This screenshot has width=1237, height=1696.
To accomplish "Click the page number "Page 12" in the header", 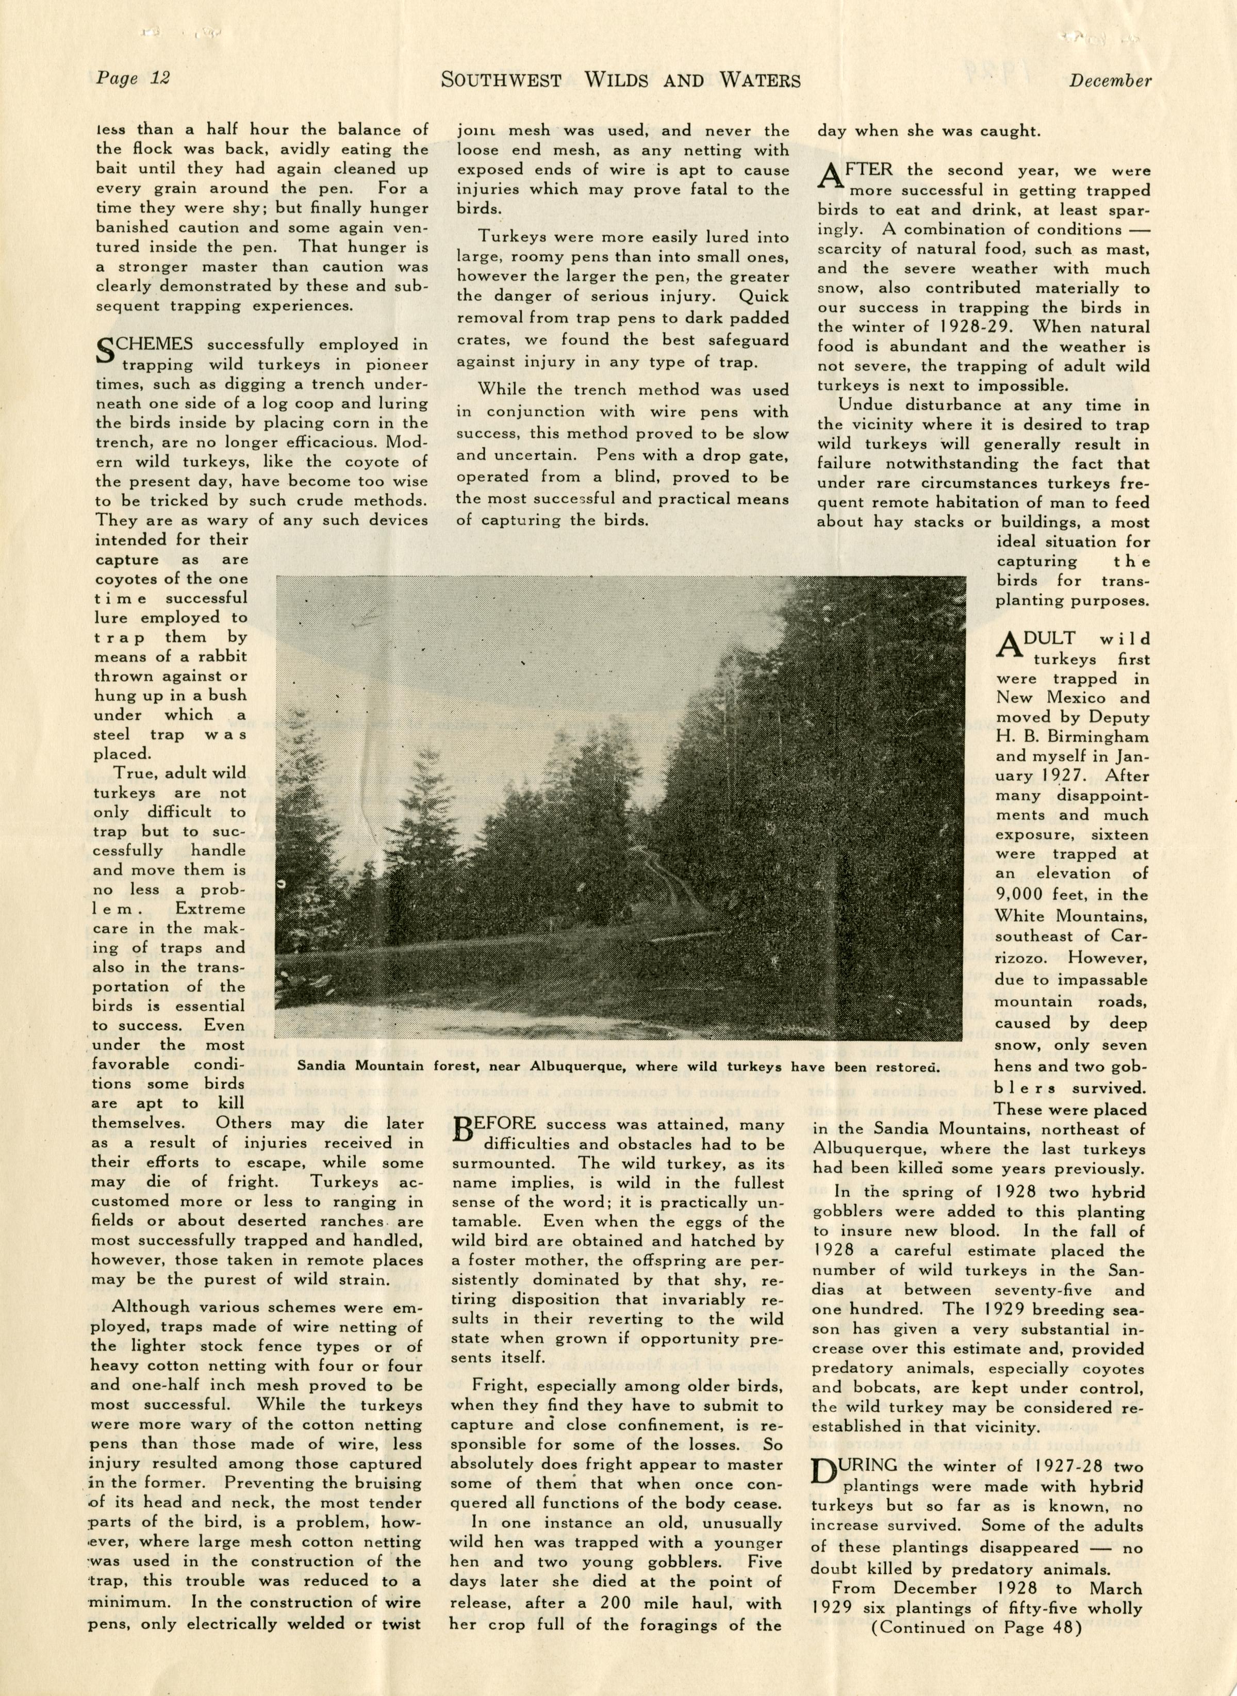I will (133, 78).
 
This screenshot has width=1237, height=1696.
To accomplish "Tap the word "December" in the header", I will (1109, 81).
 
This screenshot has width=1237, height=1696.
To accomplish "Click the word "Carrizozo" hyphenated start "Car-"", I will (1130, 937).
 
